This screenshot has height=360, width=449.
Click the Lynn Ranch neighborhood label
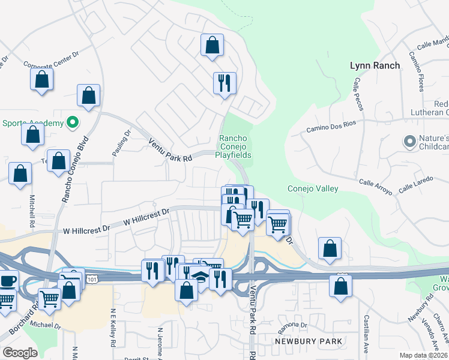tap(375, 65)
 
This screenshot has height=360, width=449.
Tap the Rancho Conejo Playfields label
tap(234, 146)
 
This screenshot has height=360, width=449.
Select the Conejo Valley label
tap(312, 188)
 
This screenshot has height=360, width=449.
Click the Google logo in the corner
tap(20, 353)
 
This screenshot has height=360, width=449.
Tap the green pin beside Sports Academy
tap(73, 123)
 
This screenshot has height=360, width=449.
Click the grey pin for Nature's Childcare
tap(410, 142)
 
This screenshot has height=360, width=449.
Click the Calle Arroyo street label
tap(375, 187)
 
